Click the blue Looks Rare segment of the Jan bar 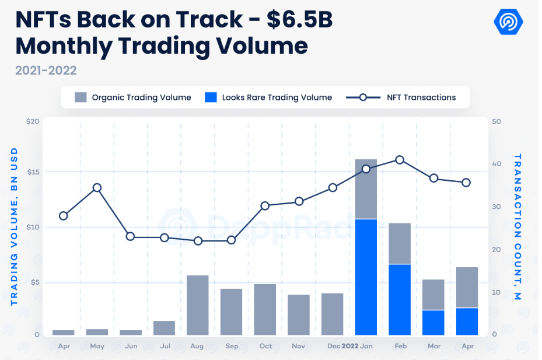(366, 277)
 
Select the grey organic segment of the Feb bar (400, 243)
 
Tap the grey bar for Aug (197, 305)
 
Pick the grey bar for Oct (265, 310)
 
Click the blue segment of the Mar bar (433, 323)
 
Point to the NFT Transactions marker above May (97, 188)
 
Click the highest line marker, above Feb (400, 160)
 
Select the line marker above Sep (232, 240)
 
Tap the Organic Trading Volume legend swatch (81, 97)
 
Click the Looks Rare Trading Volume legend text (277, 97)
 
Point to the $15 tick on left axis (33, 172)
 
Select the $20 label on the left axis (33, 121)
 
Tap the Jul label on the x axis (165, 346)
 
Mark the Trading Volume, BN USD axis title (15, 228)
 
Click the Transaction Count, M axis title (517, 228)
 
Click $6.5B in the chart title (299, 20)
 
